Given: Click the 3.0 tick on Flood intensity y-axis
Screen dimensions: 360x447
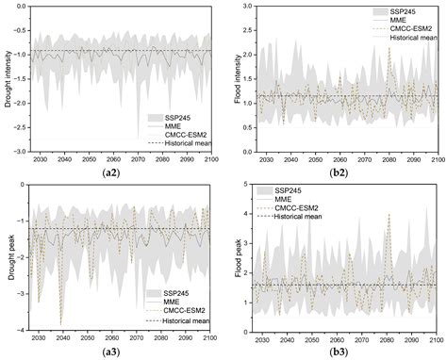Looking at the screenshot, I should [x=246, y=7].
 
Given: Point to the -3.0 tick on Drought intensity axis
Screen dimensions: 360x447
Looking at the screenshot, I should [x=19, y=150].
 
